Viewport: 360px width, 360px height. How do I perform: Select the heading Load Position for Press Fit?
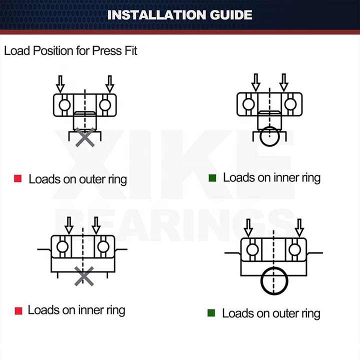(70, 50)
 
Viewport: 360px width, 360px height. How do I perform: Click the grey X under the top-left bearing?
(85, 136)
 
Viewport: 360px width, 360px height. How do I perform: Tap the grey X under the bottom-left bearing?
(84, 275)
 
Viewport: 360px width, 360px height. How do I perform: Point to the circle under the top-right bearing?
(270, 134)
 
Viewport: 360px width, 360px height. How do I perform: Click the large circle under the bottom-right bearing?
(274, 281)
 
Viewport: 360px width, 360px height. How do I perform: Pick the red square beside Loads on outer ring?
(18, 178)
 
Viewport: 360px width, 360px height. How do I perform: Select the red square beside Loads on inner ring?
(18, 310)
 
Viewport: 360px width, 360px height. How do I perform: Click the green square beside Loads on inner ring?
(212, 178)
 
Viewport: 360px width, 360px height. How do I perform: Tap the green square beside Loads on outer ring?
(211, 313)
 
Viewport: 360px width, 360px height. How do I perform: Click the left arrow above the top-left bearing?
(60, 83)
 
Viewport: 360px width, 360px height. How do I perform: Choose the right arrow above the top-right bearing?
(284, 82)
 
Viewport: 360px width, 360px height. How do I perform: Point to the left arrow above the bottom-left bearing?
(68, 225)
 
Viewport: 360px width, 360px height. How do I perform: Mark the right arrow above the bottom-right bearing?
(299, 227)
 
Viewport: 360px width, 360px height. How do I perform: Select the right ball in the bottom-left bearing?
(103, 246)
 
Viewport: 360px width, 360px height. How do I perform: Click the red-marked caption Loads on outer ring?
(77, 179)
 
